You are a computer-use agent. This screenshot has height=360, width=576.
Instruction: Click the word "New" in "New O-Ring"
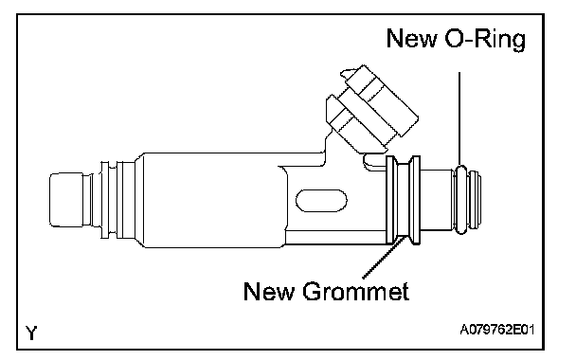pos(412,38)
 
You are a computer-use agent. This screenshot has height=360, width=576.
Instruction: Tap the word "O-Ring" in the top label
pos(485,39)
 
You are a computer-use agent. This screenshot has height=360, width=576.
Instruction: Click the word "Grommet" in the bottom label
pos(355,291)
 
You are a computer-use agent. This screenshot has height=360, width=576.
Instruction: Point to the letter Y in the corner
pos(31,333)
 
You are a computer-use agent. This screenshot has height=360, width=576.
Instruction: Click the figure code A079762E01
pos(497,329)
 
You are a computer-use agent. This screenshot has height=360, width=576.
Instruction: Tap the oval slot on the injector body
pos(321,201)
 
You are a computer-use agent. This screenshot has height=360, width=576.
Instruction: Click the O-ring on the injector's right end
pos(461,200)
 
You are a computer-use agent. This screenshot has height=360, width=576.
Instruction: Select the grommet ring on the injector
pos(403,200)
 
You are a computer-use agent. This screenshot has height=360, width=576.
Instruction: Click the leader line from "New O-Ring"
pos(459,118)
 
